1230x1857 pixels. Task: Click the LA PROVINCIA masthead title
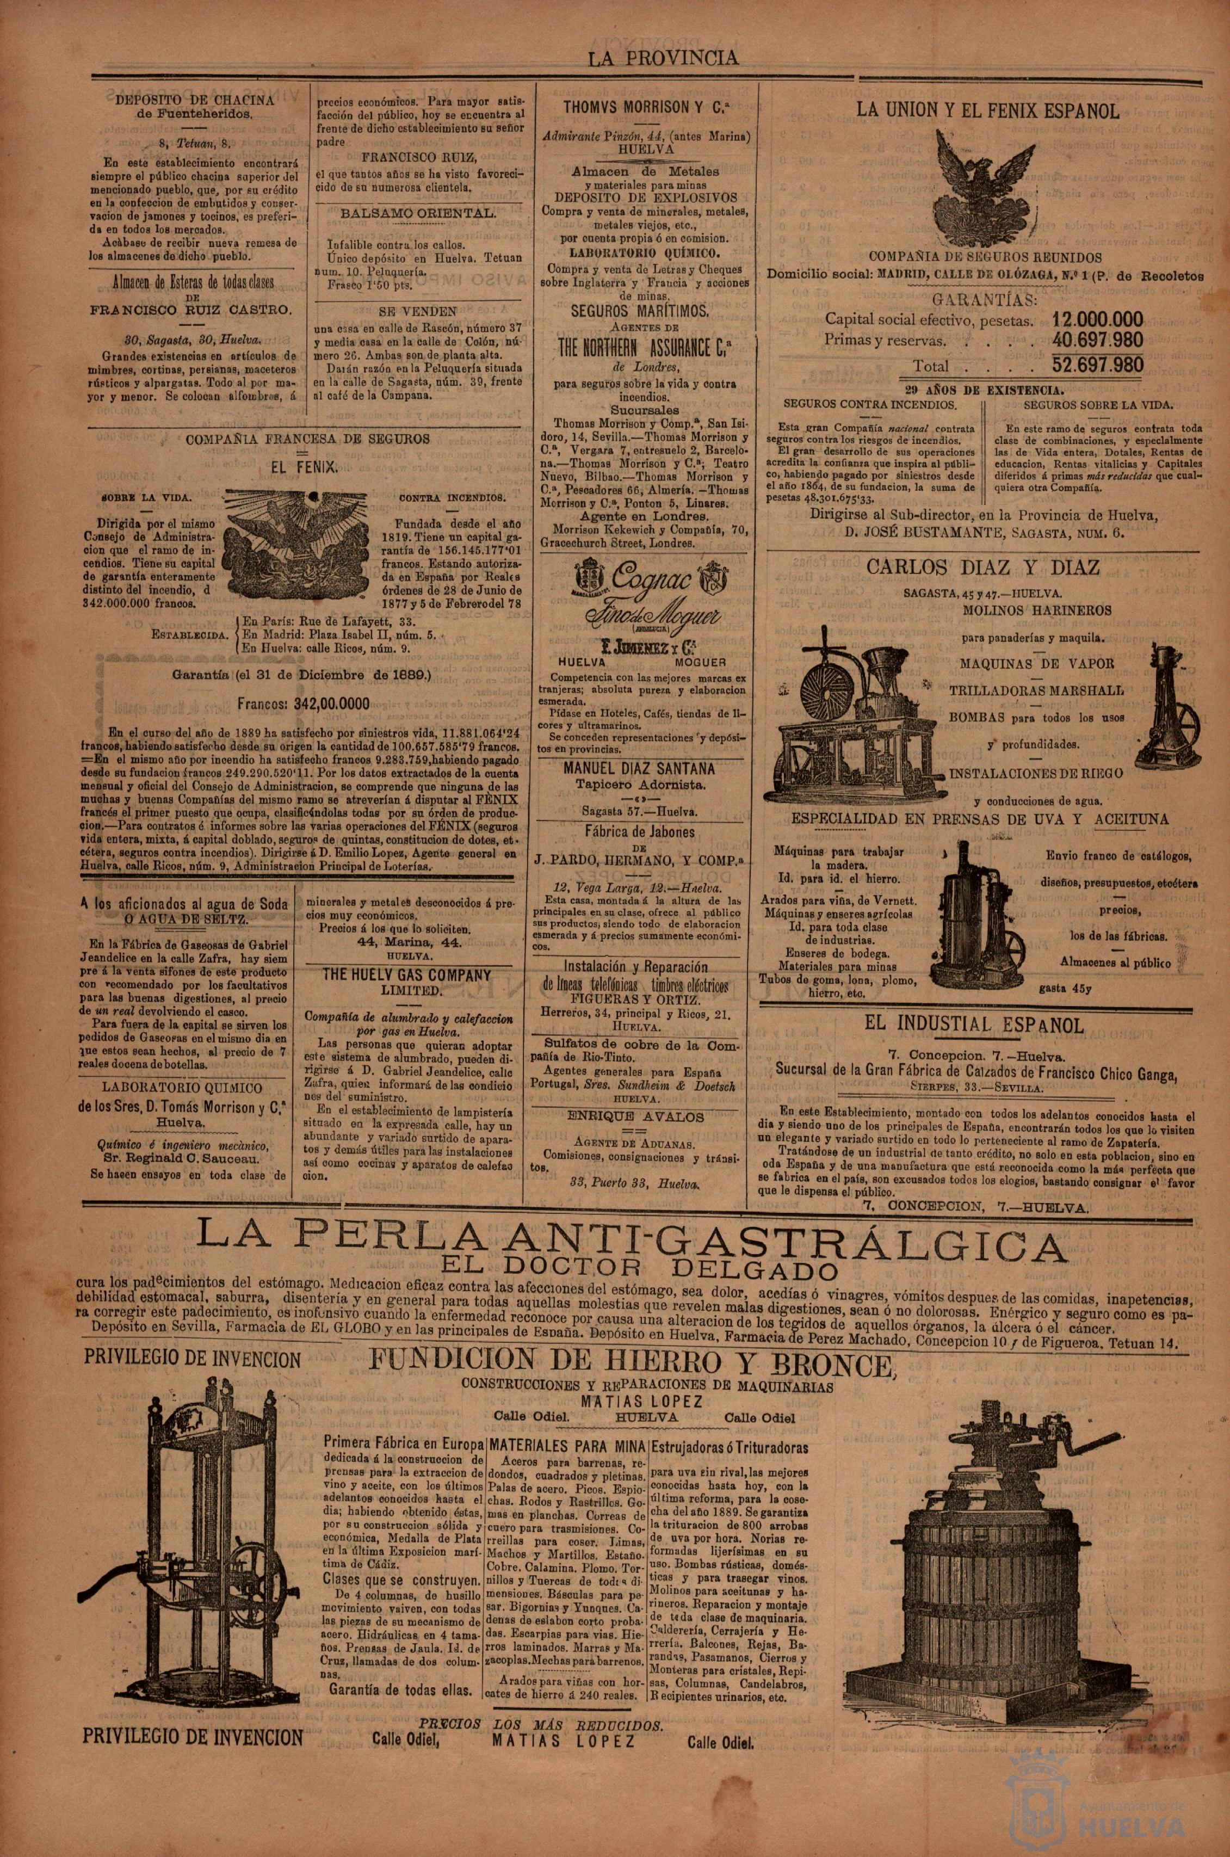coord(663,58)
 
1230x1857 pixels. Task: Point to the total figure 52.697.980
coord(1097,366)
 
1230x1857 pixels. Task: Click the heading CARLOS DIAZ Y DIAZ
coord(983,567)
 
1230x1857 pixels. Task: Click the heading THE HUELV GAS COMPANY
coord(406,975)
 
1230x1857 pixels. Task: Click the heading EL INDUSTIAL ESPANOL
coord(974,1025)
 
